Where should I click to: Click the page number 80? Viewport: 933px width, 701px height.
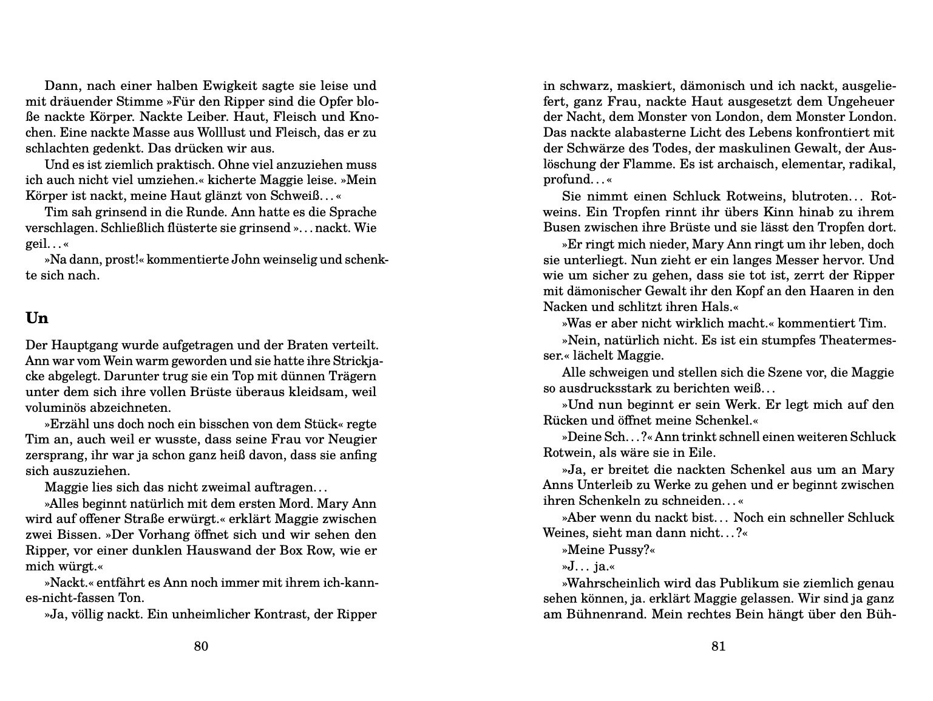201,646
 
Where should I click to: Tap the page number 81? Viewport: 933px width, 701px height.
718,646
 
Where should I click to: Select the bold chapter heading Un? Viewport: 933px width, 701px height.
37,318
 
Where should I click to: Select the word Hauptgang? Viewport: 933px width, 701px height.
75,345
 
